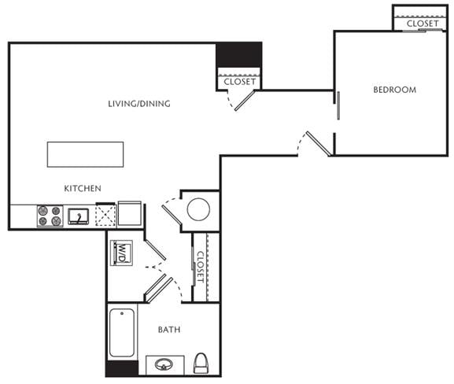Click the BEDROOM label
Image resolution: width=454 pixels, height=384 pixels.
point(395,90)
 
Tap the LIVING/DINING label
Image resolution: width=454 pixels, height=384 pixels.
point(139,104)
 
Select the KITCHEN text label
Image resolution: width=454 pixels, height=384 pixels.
point(83,189)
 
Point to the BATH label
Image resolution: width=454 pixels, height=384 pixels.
point(169,330)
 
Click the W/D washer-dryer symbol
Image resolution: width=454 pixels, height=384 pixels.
point(122,253)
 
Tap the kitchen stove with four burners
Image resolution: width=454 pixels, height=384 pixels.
point(50,216)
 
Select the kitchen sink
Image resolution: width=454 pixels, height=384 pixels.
point(79,216)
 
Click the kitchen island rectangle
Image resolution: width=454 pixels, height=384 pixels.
point(86,154)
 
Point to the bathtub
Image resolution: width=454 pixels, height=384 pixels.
point(122,333)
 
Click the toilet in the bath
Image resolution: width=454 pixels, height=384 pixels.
point(201,364)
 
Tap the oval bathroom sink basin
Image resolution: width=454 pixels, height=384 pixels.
point(164,364)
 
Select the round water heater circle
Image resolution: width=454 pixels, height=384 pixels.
point(198,209)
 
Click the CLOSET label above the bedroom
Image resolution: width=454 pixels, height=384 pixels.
point(423,24)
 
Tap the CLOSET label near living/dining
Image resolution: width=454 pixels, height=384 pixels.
point(240,82)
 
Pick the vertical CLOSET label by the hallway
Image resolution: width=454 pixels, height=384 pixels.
point(201,267)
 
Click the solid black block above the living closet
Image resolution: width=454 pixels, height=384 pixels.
point(239,55)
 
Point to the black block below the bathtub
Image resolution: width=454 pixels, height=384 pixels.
point(122,368)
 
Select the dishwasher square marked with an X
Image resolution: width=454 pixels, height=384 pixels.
point(105,215)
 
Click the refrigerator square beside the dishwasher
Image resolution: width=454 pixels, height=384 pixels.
point(129,213)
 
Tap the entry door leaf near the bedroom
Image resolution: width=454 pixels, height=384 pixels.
point(319,144)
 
